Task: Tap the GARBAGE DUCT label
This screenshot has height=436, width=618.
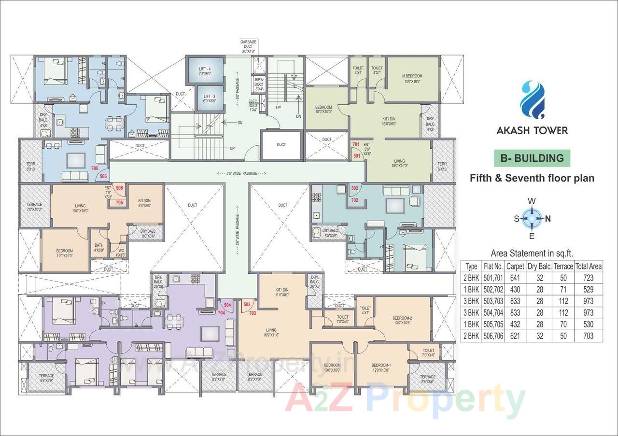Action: point(249,46)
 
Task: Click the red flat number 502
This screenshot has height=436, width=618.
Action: point(355,188)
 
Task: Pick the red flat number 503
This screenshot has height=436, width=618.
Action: point(247,305)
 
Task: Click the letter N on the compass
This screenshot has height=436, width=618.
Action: point(548,218)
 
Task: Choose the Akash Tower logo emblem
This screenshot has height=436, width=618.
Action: point(532,100)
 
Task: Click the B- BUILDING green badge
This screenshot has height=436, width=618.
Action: point(532,158)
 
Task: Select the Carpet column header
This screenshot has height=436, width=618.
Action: point(515,266)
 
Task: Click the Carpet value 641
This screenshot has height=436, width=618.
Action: point(515,278)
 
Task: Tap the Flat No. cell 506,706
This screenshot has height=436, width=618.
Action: point(493,336)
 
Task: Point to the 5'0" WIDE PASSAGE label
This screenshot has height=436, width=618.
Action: point(241,173)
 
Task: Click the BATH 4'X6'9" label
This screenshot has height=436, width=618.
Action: point(98,248)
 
